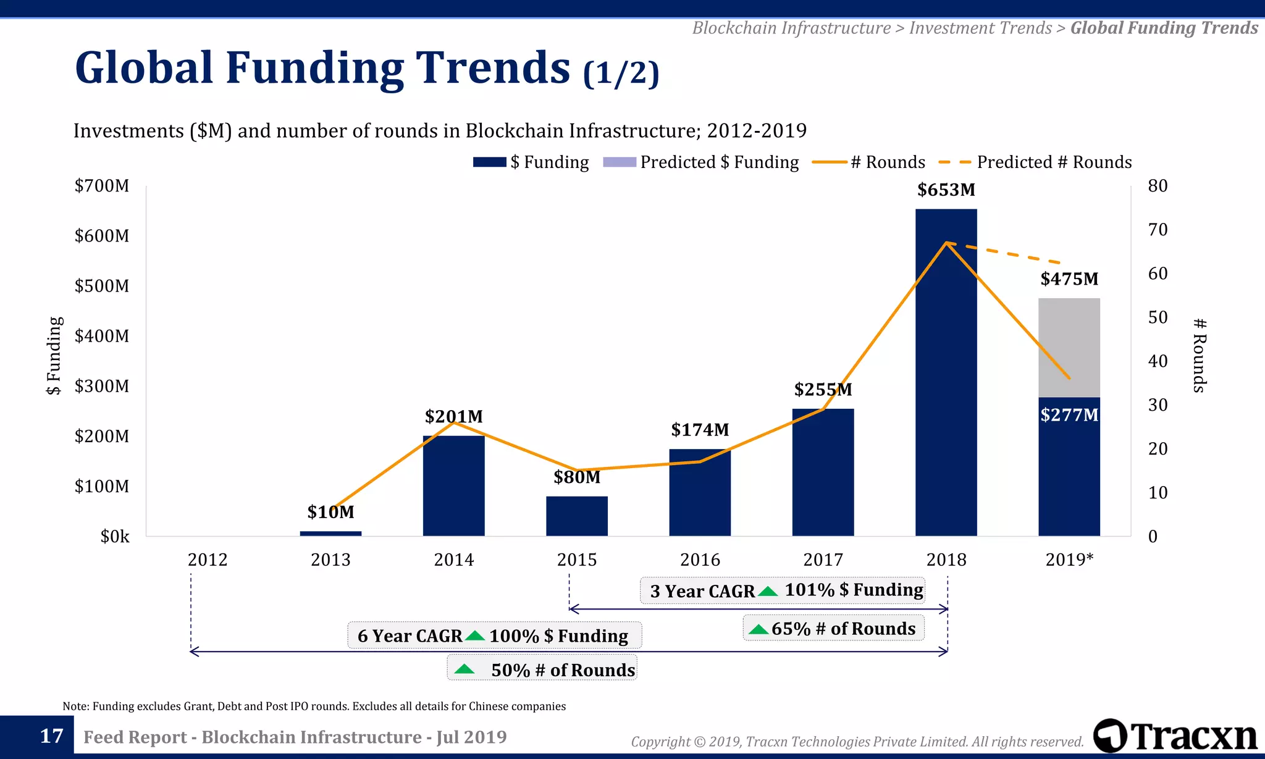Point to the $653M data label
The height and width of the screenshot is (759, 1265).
pos(946,190)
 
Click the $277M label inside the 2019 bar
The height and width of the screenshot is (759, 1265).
pos(1069,414)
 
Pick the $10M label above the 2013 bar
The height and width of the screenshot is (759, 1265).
pos(330,512)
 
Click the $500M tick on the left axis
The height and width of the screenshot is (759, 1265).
pos(102,286)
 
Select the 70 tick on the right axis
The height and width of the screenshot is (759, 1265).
pos(1158,230)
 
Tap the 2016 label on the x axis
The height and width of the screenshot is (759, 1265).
pos(700,560)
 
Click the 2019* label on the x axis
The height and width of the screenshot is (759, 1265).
pos(1069,560)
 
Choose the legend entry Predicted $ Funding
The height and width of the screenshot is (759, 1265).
pos(701,162)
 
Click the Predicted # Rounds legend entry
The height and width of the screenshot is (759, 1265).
pos(1035,162)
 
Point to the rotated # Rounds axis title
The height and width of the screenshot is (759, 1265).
pos(1199,355)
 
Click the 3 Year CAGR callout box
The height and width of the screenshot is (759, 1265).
pos(783,590)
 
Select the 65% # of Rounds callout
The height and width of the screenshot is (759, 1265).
pos(833,629)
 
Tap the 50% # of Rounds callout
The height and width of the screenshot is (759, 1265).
pos(542,669)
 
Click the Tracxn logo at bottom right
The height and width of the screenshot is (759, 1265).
pos(1175,736)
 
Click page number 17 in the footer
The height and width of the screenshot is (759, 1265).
pos(51,736)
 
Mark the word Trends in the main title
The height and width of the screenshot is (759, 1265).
pos(492,67)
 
